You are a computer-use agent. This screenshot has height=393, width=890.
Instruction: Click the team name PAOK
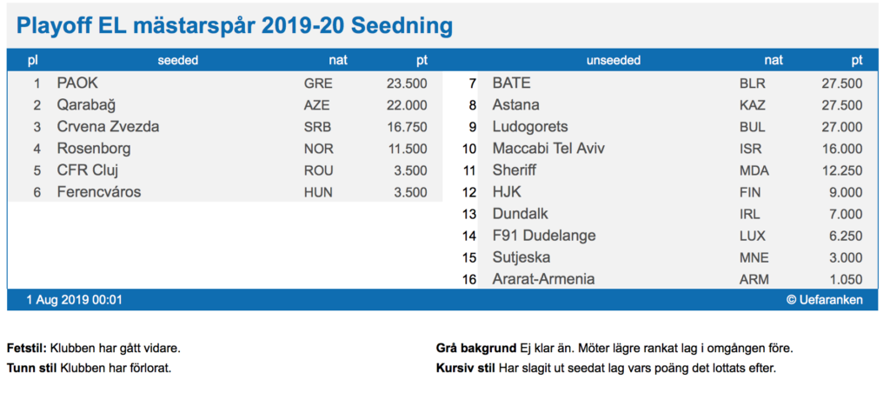click(x=77, y=83)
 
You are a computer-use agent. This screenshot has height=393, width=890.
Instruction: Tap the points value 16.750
click(x=406, y=127)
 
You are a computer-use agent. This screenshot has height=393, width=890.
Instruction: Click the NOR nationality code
click(x=318, y=149)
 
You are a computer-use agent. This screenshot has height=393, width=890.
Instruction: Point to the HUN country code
click(x=318, y=192)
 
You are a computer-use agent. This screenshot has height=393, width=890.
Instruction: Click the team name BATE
click(x=511, y=83)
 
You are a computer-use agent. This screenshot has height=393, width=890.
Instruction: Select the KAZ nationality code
click(x=754, y=105)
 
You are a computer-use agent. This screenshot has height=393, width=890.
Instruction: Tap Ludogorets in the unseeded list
click(x=530, y=127)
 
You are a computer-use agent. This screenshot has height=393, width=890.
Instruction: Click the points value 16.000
click(x=841, y=149)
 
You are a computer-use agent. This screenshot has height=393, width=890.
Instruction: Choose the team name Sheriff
click(x=514, y=170)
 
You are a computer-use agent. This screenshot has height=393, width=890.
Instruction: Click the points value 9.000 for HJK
click(x=845, y=192)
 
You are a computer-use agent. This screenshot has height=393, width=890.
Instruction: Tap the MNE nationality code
click(x=754, y=257)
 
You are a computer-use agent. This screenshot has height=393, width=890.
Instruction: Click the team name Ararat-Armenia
click(x=543, y=279)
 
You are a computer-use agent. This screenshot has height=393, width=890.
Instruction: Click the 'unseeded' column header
click(x=614, y=61)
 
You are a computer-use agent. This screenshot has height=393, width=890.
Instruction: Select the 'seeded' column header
click(x=178, y=61)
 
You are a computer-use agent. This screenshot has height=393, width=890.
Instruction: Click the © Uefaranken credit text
click(x=825, y=300)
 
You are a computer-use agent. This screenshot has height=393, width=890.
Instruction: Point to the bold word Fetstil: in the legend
click(x=25, y=349)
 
